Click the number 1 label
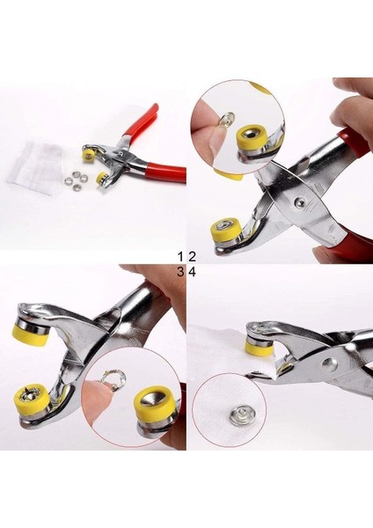click(180, 256)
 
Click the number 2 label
click(191, 256)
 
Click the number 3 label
click(180, 271)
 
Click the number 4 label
click(191, 271)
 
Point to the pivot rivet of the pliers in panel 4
click(329, 363)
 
